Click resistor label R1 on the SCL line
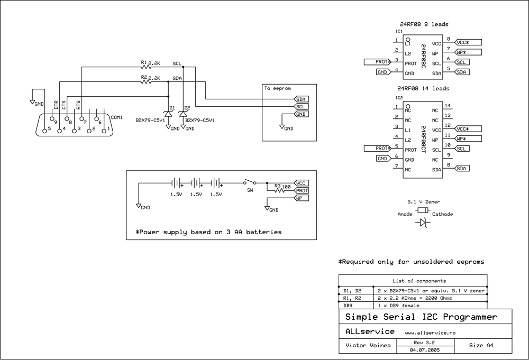coord(143,63)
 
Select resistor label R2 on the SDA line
coord(143,78)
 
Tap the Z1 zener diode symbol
coord(169,113)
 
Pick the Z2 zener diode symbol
coord(183,113)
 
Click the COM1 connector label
coord(116,117)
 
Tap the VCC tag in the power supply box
coord(302,183)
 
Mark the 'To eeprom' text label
coord(277,89)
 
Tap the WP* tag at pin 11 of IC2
coord(468,139)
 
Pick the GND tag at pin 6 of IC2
coord(382,158)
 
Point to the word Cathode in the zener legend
coord(442,214)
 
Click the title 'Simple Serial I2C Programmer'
coord(421,317)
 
